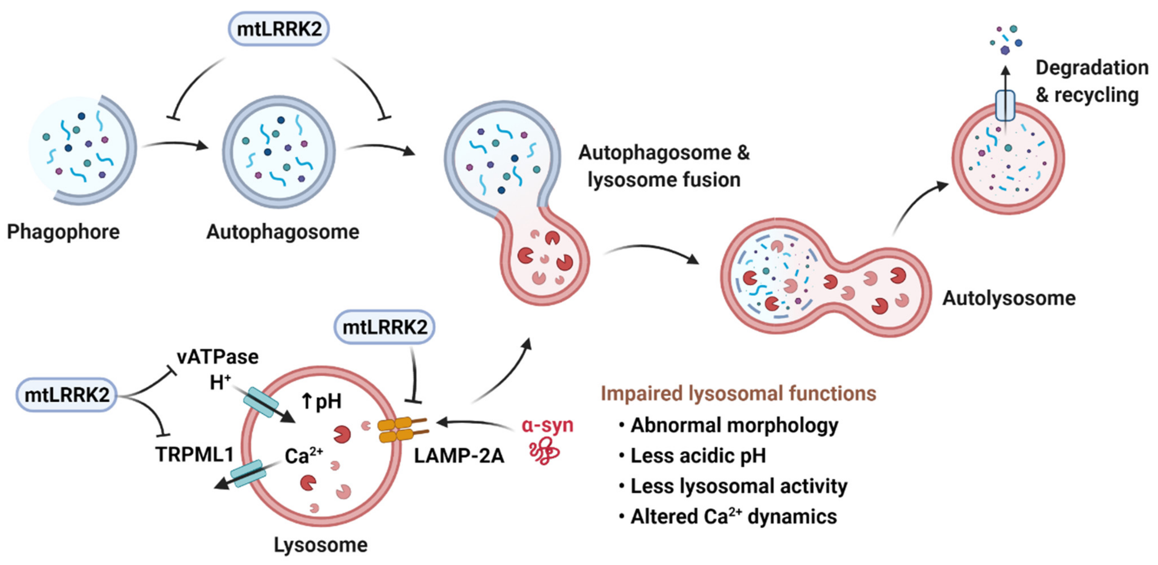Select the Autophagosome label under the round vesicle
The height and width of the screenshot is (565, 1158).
283,232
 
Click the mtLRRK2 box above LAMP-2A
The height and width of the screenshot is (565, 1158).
385,327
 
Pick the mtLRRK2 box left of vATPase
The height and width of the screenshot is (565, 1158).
67,395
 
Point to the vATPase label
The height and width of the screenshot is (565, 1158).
217,357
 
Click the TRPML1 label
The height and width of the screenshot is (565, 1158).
194,454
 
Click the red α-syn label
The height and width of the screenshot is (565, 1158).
548,425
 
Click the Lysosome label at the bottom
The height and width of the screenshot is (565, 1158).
320,545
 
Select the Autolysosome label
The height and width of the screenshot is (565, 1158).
1009,298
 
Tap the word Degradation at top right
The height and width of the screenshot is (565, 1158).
1092,68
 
